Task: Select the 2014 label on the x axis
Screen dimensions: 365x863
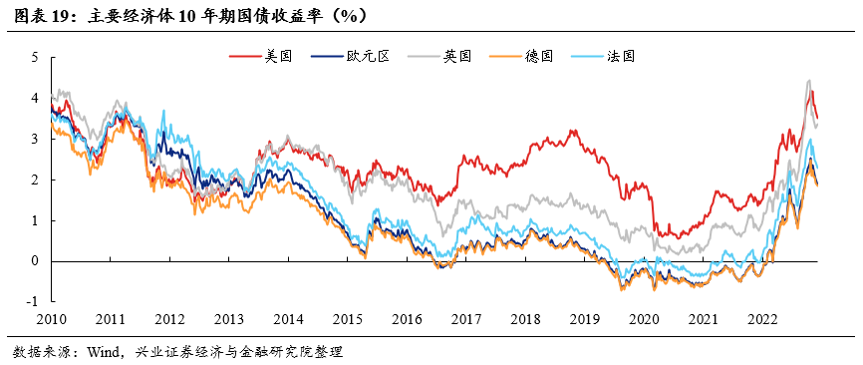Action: tap(288, 319)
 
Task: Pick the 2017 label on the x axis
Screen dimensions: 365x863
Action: tap(465, 319)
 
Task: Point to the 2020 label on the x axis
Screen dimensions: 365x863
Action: tap(644, 319)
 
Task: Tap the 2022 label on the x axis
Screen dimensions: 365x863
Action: tap(762, 319)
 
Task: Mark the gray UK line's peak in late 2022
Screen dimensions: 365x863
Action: tap(808, 81)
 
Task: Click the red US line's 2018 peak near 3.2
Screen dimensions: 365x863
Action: tap(572, 130)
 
